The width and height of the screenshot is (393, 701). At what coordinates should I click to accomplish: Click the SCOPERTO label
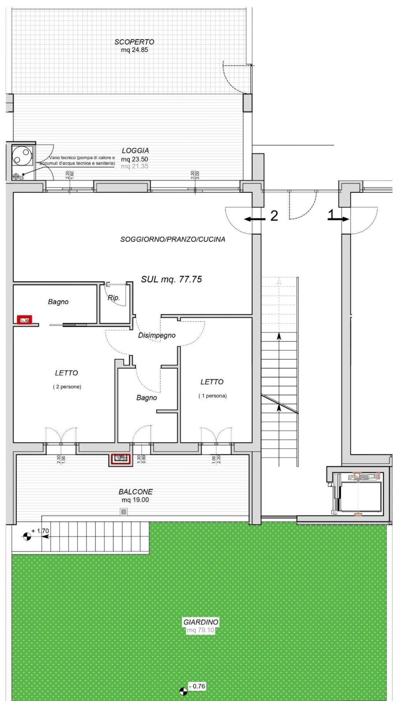click(x=134, y=42)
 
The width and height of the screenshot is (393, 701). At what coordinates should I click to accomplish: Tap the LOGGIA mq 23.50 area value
click(x=135, y=159)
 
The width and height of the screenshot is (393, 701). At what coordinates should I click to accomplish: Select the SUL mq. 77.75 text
click(x=171, y=279)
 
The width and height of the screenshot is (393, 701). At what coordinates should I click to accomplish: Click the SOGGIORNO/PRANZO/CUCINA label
click(x=173, y=239)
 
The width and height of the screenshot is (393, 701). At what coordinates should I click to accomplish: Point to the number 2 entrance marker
click(x=274, y=216)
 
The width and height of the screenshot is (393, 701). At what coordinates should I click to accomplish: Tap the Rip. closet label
click(x=114, y=298)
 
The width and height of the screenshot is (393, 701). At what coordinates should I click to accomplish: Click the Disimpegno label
click(x=156, y=335)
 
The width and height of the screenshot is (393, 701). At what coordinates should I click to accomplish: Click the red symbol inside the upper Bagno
click(x=25, y=320)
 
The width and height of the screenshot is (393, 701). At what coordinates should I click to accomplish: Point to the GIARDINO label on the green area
click(x=201, y=622)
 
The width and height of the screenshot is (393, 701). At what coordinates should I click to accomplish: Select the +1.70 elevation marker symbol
click(x=27, y=536)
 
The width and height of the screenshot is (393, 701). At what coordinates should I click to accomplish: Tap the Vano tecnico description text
click(x=78, y=160)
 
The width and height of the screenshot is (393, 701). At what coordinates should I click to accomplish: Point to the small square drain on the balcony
click(x=124, y=512)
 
